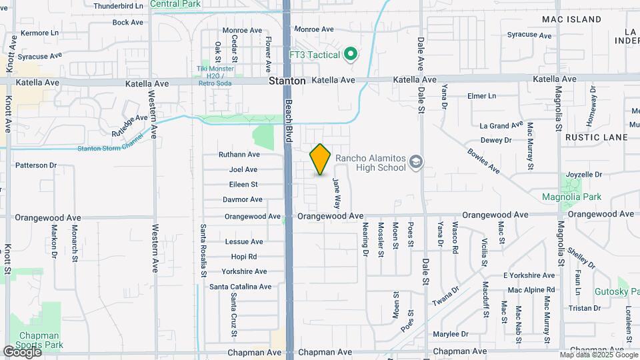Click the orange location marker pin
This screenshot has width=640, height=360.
pos(320,159)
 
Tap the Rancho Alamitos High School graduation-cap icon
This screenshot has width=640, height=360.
pos(416,162)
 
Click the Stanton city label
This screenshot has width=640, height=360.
pos(287,81)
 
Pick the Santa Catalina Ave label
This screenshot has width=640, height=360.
pos(240,287)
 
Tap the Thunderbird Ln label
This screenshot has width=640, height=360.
pos(119,6)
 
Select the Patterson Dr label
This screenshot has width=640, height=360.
pos(36,165)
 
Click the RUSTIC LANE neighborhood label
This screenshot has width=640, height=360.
pos(596,137)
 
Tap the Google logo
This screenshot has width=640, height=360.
pos(22,351)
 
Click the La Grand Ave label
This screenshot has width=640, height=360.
pos(501,125)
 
